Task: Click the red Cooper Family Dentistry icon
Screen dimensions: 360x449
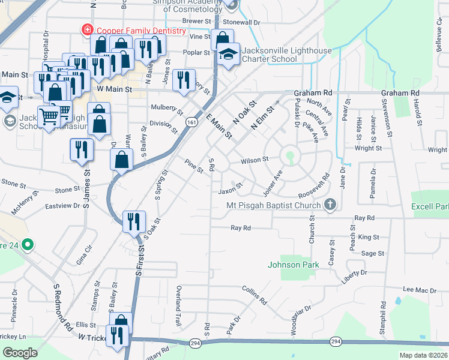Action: (x=88, y=30)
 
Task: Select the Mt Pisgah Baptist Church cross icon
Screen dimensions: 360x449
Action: (x=329, y=206)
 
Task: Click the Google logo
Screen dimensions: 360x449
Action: (x=20, y=352)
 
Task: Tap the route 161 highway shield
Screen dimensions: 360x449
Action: (x=191, y=122)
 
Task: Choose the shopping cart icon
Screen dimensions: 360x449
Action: (x=48, y=115)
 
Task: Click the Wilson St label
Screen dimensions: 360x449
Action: (x=254, y=160)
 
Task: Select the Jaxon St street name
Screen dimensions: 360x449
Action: (x=230, y=190)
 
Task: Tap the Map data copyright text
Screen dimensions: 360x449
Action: (x=424, y=355)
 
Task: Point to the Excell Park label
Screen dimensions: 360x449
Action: (x=430, y=207)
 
